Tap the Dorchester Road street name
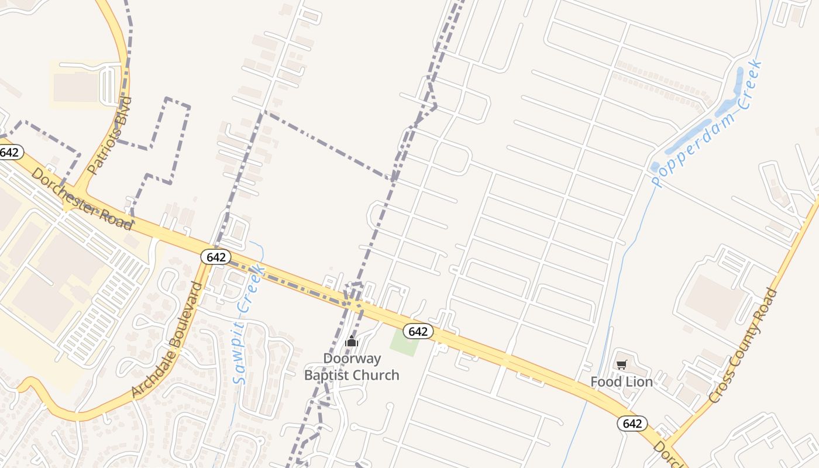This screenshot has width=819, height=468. (x=81, y=198)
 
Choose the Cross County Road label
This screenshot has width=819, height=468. (x=744, y=345)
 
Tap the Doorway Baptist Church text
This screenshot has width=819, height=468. (x=352, y=367)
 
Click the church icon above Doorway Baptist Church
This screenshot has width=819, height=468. (x=352, y=341)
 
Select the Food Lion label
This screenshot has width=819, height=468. (x=621, y=382)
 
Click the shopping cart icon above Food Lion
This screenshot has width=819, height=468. (x=621, y=365)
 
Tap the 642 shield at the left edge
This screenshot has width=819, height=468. (x=10, y=153)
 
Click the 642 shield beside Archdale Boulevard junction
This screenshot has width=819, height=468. (x=216, y=257)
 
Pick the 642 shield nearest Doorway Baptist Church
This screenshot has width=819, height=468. (x=418, y=331)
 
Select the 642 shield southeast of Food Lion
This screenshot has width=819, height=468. (x=632, y=424)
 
